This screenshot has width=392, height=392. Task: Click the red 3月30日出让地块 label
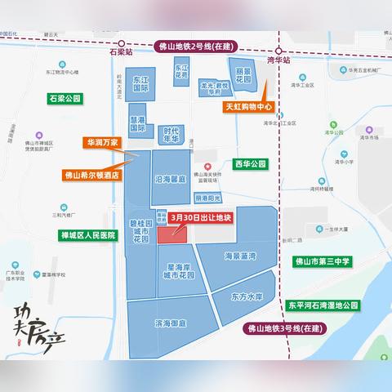coord(203,217)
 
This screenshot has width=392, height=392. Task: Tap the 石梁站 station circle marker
coord(121,46)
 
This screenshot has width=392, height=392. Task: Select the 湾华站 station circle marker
coord(277,47)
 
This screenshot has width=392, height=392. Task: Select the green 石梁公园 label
coord(65,98)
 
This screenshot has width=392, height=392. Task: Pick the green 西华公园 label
coord(250,163)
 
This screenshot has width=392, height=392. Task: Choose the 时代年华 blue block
coord(171,134)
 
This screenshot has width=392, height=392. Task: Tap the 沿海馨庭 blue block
coord(170,180)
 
